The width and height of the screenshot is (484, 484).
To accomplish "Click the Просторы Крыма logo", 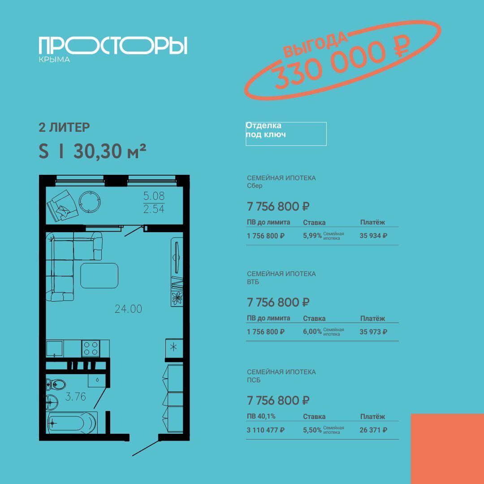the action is click(x=113, y=49).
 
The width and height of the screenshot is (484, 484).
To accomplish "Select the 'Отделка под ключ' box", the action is click(x=286, y=134).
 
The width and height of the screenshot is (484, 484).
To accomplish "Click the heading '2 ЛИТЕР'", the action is click(x=64, y=127).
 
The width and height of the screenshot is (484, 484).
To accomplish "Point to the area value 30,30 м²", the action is click(x=110, y=151).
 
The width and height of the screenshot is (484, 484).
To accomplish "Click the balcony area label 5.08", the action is click(x=154, y=196).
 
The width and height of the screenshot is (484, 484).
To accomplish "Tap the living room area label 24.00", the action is click(x=129, y=309).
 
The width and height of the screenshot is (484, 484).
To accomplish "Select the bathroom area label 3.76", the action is click(x=76, y=396).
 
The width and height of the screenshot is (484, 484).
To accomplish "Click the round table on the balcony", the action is click(x=90, y=202).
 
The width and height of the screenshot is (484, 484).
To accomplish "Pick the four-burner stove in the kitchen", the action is click(x=91, y=348).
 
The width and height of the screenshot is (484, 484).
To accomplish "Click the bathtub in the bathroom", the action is click(x=72, y=422).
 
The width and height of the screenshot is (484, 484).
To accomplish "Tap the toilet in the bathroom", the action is click(x=56, y=385).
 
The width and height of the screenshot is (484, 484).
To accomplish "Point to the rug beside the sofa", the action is click(x=99, y=276).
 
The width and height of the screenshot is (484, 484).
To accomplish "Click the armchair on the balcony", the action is click(x=62, y=205).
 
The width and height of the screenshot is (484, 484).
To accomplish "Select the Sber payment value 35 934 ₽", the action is click(x=373, y=236).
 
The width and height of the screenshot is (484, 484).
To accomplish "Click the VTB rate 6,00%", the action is click(x=312, y=332).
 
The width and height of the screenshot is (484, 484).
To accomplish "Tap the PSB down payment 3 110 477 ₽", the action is click(x=265, y=430).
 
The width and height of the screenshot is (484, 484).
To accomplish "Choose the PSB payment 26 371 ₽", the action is click(x=373, y=430).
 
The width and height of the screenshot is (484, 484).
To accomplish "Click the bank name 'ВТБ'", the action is click(x=253, y=282).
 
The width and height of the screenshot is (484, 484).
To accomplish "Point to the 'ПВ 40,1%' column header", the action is click(x=261, y=416).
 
